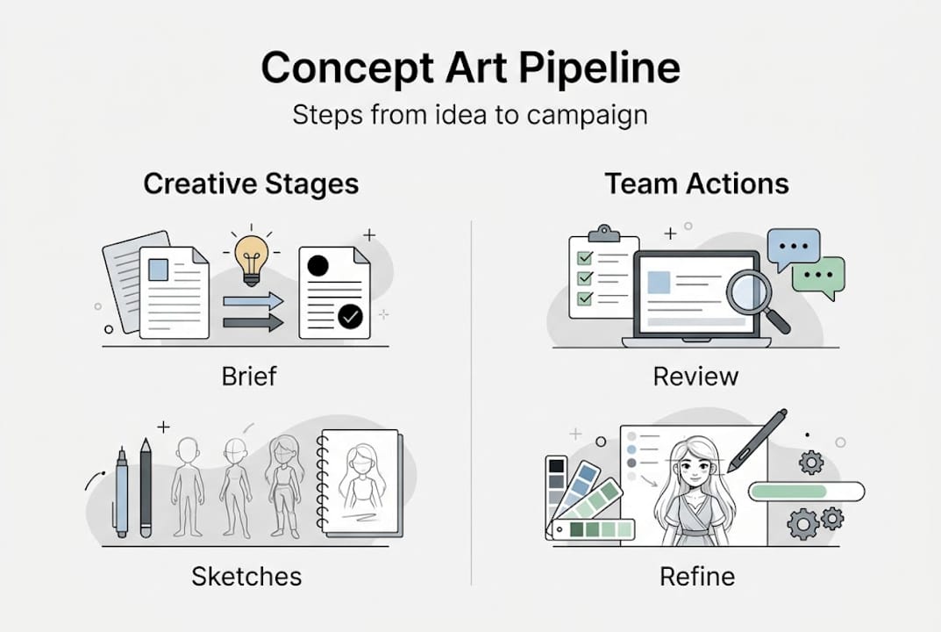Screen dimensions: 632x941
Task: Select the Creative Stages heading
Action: pyautogui.click(x=251, y=183)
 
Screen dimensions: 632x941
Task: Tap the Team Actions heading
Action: pyautogui.click(x=696, y=183)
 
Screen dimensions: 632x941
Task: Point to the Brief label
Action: pyautogui.click(x=248, y=377)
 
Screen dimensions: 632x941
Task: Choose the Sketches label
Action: pyautogui.click(x=246, y=577)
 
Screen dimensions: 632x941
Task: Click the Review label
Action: pyautogui.click(x=696, y=377)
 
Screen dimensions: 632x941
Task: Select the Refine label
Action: pyautogui.click(x=696, y=577)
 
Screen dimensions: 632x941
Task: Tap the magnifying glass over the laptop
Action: pyautogui.click(x=751, y=292)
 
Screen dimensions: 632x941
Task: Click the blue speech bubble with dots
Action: pyautogui.click(x=793, y=248)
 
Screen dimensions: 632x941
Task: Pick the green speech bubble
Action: pyautogui.click(x=819, y=275)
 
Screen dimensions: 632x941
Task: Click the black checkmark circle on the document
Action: pyautogui.click(x=350, y=316)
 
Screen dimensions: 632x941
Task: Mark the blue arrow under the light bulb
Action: pyautogui.click(x=253, y=301)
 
